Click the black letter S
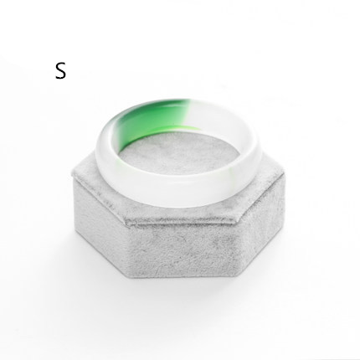[x=60, y=70]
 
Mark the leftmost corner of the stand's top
[x=73, y=175]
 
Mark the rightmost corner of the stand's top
[x=285, y=175]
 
